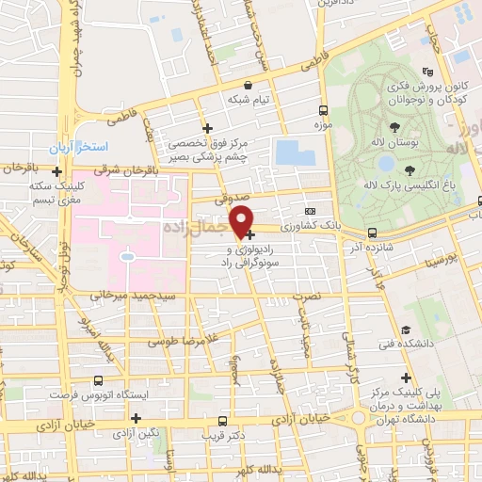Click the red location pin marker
242,220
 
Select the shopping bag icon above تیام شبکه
247,85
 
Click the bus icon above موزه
323,110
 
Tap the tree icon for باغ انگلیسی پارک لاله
410,169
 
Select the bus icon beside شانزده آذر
372,232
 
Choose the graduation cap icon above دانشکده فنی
406,330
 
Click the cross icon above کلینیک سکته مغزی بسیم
58,172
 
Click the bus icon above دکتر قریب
221,422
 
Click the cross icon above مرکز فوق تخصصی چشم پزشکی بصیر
208,128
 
